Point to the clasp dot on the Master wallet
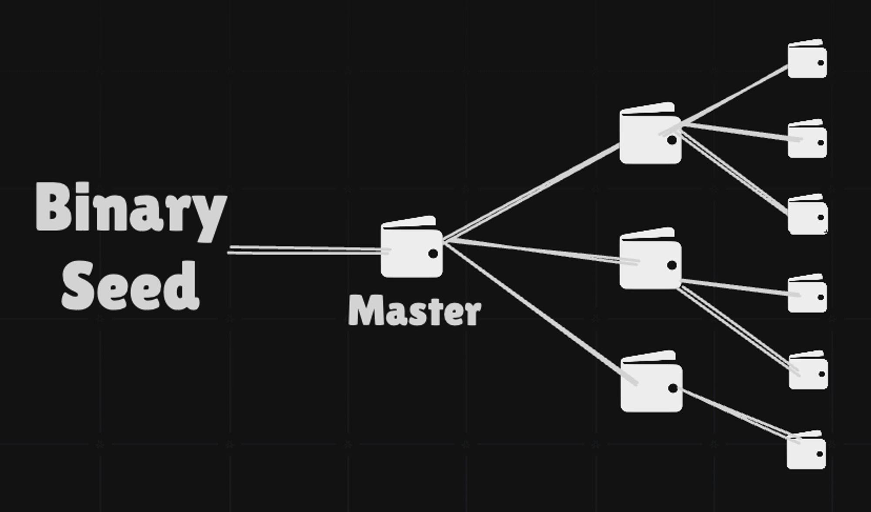(433, 254)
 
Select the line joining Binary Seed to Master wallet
(305, 249)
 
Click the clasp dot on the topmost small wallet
(820, 63)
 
